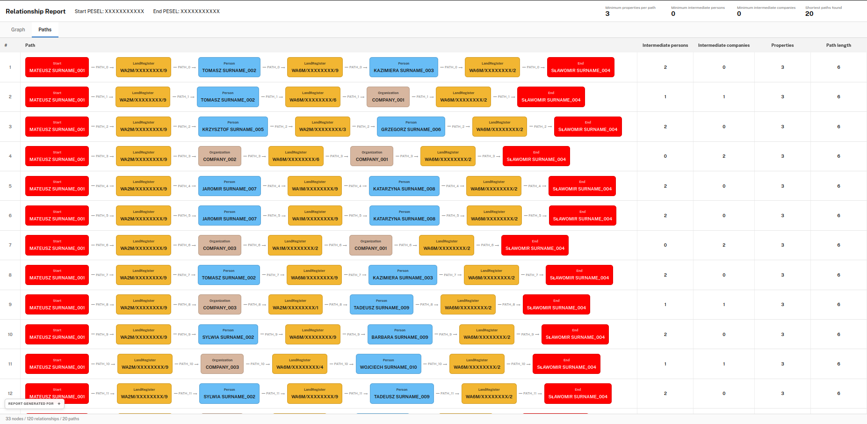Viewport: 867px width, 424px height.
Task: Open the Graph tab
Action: [x=18, y=29]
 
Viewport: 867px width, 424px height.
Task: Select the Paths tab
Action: [x=45, y=29]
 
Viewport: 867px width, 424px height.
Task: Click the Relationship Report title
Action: [x=36, y=11]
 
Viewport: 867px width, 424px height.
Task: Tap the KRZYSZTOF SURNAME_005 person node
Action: [x=233, y=126]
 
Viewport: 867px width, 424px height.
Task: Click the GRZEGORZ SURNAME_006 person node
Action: [x=411, y=126]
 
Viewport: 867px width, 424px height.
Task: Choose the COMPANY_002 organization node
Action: [x=220, y=156]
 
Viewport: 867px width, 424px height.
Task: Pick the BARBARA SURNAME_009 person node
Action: [x=400, y=334]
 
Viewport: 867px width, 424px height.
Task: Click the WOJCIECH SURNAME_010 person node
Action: [x=388, y=364]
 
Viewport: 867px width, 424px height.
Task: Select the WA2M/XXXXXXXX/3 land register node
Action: [x=323, y=126]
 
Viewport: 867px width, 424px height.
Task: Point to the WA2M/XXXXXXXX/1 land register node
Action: [x=296, y=305]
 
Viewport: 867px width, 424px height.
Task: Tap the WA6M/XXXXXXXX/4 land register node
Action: [x=300, y=364]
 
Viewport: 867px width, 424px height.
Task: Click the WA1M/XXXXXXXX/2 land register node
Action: [x=295, y=245]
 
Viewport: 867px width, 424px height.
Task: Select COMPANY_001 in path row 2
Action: [x=388, y=97]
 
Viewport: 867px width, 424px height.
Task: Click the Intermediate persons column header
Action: [x=665, y=45]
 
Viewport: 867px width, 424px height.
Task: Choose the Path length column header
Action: [x=838, y=45]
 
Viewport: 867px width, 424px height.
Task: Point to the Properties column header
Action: [x=782, y=45]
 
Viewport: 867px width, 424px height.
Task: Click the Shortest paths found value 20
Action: [x=809, y=14]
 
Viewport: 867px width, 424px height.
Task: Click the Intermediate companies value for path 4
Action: [x=724, y=156]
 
